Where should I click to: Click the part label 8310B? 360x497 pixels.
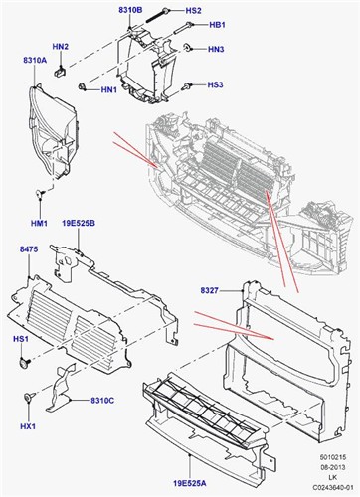coord(130,10)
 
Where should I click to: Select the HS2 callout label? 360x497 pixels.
coord(193,11)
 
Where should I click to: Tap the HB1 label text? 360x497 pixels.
coord(217,25)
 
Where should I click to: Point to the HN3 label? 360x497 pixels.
coord(216,50)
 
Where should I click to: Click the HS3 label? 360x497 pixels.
coord(215,84)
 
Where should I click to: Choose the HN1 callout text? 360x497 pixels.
coord(109,89)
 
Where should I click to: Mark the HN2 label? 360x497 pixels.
coord(61,47)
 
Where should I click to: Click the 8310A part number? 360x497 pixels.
coord(35,60)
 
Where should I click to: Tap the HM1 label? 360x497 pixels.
coord(39,223)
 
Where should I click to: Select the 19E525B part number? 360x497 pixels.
coord(79,223)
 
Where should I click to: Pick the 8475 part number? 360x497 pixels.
coord(29,249)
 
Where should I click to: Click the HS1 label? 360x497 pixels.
coord(21,339)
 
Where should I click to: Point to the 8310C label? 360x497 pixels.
coord(102,401)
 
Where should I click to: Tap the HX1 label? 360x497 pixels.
coord(28,426)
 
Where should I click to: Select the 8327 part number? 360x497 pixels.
coord(209,291)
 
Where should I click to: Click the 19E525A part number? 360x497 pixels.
coord(189,484)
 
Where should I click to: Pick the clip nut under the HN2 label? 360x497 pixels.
coord(60,72)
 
